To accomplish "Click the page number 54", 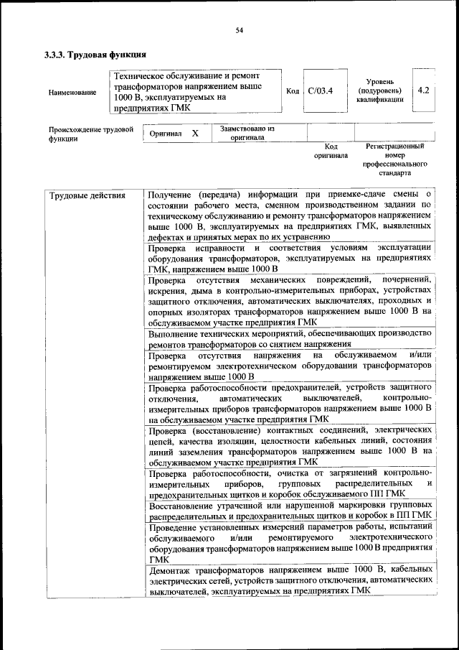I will (x=240, y=29).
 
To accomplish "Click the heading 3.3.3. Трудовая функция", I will (x=95, y=54).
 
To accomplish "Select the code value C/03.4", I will (x=320, y=91).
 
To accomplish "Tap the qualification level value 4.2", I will (x=423, y=90).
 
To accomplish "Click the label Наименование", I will (x=72, y=93).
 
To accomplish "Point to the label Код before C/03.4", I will (x=293, y=91).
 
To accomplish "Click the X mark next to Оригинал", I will (x=195, y=134).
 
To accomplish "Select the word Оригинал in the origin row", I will (x=166, y=134).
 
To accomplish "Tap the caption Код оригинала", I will (x=331, y=150).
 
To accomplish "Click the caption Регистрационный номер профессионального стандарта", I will (x=394, y=159).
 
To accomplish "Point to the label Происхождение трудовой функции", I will (x=91, y=134).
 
